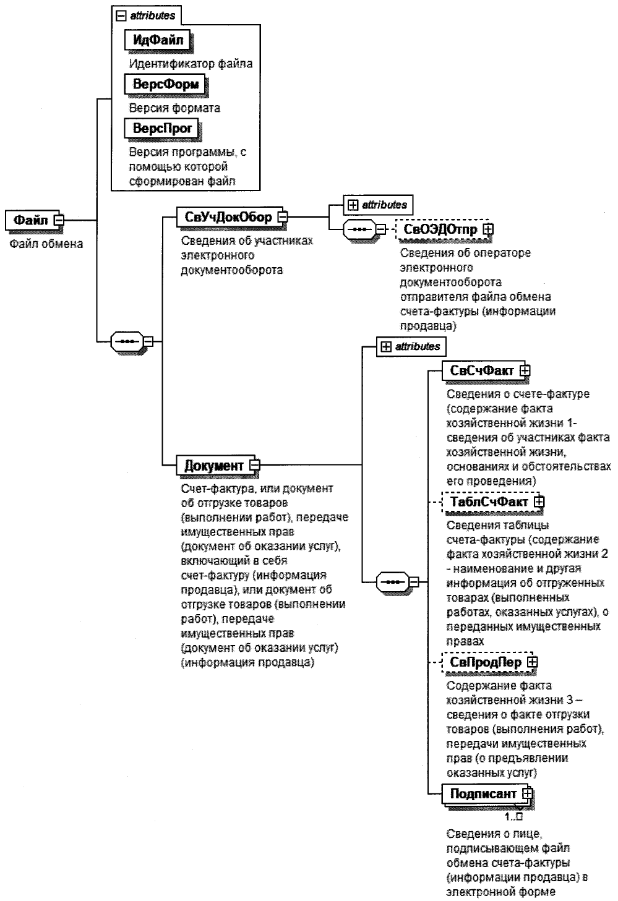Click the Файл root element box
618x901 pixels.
(x=31, y=220)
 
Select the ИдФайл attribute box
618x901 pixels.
(x=158, y=40)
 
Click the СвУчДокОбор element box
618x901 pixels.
(x=228, y=217)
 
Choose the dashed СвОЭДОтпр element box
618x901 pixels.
(x=440, y=229)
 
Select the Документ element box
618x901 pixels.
(x=214, y=465)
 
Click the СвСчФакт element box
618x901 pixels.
(x=481, y=370)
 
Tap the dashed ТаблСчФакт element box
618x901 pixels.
(x=488, y=501)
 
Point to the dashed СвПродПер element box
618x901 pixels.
(x=485, y=662)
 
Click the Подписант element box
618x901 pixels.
(x=483, y=793)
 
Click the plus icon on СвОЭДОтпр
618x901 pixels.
(x=488, y=229)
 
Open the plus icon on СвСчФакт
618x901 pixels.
(x=525, y=370)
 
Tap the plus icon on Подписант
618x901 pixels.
(x=527, y=793)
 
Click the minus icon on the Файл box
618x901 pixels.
(x=59, y=220)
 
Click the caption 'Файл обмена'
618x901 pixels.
(x=46, y=244)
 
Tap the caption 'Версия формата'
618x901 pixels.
(x=174, y=108)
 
